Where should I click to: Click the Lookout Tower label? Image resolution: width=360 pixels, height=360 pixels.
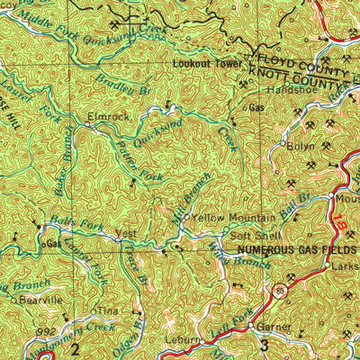[206, 66]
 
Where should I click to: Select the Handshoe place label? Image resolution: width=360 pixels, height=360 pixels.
[287, 91]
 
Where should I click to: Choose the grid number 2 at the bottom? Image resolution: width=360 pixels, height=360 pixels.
[76, 347]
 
